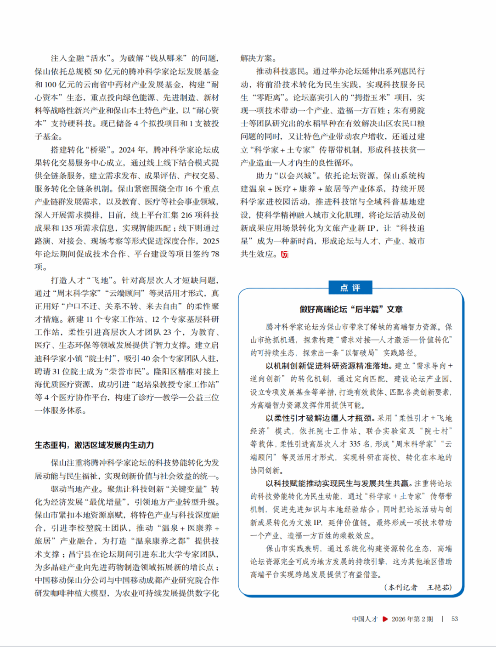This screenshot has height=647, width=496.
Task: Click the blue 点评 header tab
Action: pyautogui.click(x=350, y=288)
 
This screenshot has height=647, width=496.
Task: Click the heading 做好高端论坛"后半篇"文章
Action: pyautogui.click(x=351, y=309)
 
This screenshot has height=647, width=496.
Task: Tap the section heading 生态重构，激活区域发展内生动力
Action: pyautogui.click(x=94, y=445)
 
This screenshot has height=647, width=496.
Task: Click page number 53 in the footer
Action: pyautogui.click(x=455, y=619)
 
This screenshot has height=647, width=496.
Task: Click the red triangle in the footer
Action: pyautogui.click(x=385, y=619)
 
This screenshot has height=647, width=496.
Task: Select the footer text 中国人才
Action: pyautogui.click(x=365, y=619)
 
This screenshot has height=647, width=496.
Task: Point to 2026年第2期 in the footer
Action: pyautogui.click(x=412, y=619)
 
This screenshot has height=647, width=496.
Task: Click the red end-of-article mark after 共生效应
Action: pyautogui.click(x=284, y=254)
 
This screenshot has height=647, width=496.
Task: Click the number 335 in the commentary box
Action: pyautogui.click(x=355, y=444)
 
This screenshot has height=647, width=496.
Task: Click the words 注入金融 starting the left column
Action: pyautogui.click(x=67, y=58)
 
